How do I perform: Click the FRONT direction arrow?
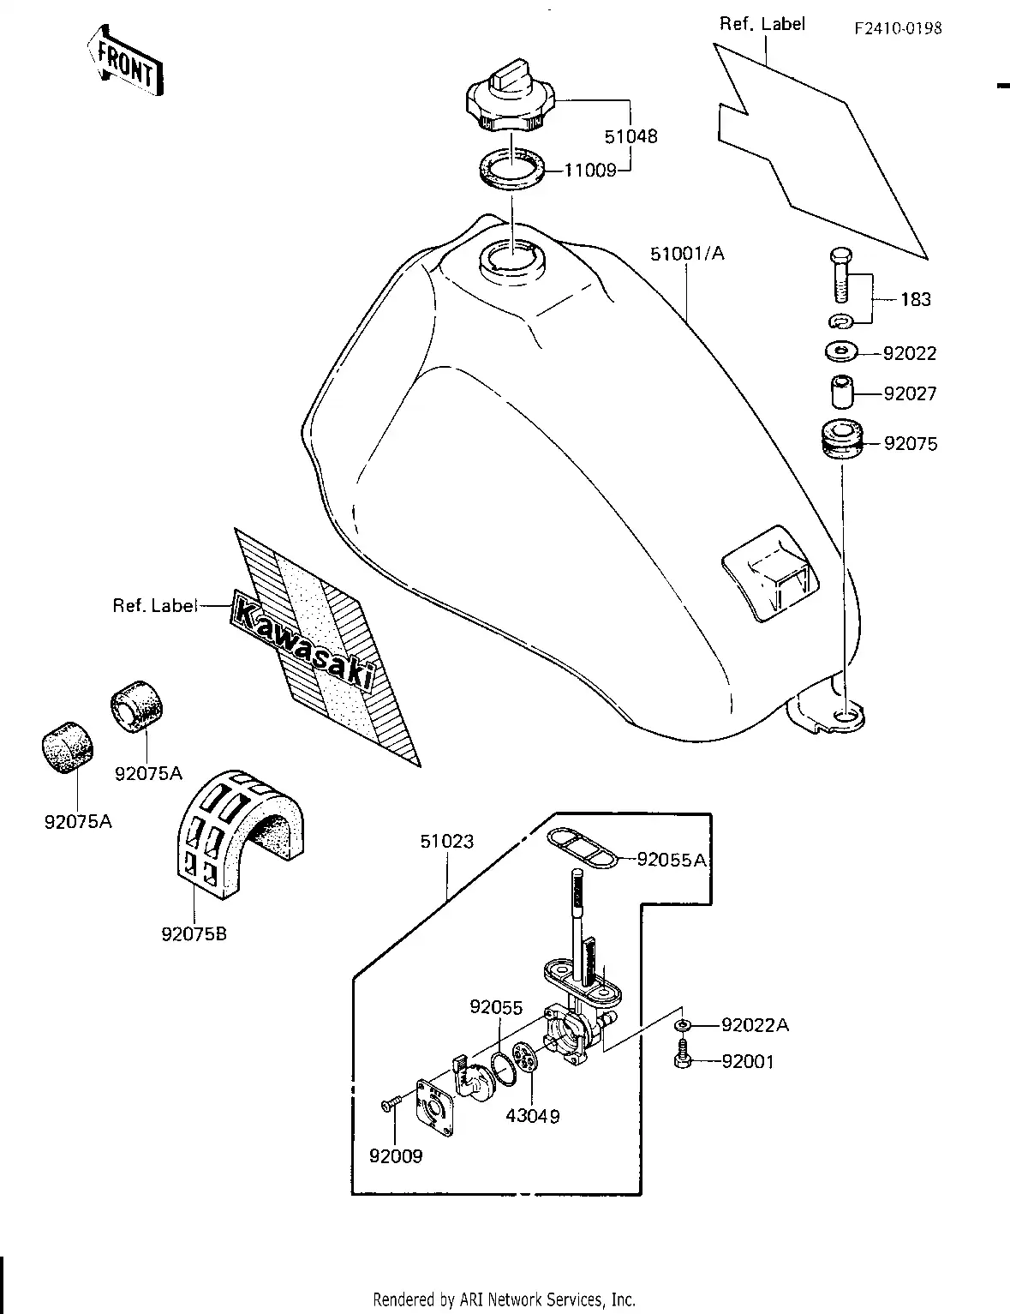124,63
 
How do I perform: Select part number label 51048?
631,136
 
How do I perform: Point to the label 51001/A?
686,254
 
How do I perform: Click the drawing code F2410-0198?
897,28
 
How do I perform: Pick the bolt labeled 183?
840,273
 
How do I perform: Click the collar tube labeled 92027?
841,393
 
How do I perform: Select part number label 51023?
446,841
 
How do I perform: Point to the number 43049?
532,1116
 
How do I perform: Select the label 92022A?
755,1024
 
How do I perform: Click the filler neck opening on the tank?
510,257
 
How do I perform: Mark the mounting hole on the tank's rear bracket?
843,715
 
